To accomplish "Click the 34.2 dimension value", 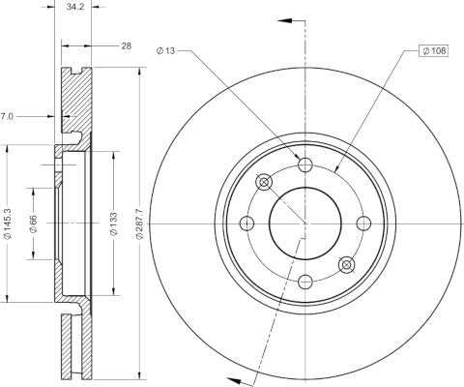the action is [x=75, y=7].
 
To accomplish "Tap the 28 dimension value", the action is [x=127, y=46].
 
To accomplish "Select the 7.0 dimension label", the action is [x=7, y=116].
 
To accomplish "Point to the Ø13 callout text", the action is [x=165, y=50].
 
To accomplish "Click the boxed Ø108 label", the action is [x=433, y=50].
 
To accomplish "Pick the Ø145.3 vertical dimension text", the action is [x=8, y=223].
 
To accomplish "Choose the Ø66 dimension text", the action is [x=33, y=223].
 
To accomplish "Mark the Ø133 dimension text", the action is [x=113, y=223].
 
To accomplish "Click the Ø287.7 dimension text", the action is [x=139, y=223].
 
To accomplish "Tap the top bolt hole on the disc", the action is [x=305, y=165].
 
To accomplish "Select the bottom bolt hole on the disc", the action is [x=305, y=282].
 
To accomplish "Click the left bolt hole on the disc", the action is [x=247, y=223].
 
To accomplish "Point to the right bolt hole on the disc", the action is [x=363, y=223].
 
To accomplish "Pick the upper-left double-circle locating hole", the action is [x=264, y=182].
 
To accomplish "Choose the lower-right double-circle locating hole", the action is [x=346, y=264].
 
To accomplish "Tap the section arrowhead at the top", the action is [x=284, y=20].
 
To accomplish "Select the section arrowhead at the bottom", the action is [x=235, y=380].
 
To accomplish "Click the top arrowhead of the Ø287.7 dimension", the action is [x=139, y=72].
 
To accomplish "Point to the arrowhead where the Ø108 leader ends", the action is [x=336, y=169].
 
